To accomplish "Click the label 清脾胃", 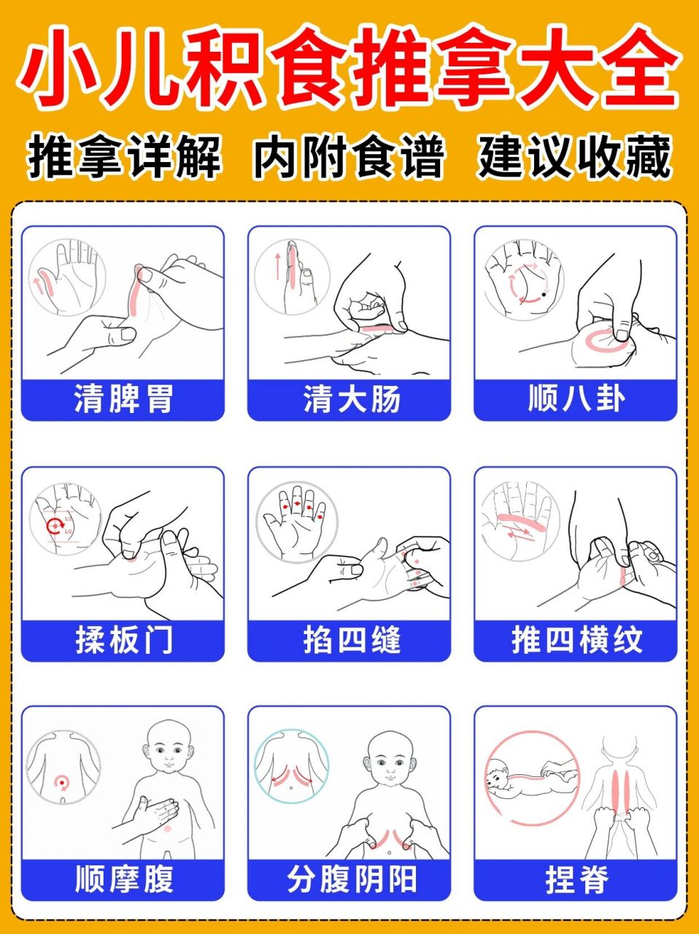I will (x=123, y=400).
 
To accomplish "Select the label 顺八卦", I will (x=576, y=399).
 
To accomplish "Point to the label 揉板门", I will (x=123, y=640).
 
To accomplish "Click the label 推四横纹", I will (x=576, y=640).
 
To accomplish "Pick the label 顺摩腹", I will (x=123, y=879).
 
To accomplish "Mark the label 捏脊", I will (x=576, y=879).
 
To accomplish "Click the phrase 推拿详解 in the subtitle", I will (x=124, y=157).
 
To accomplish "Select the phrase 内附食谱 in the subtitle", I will (x=348, y=157).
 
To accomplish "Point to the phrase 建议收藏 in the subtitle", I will (x=574, y=157).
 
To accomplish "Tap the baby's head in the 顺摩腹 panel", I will (x=169, y=749).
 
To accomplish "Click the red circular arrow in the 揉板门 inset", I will (x=54, y=526).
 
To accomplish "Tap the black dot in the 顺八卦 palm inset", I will (x=544, y=295).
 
